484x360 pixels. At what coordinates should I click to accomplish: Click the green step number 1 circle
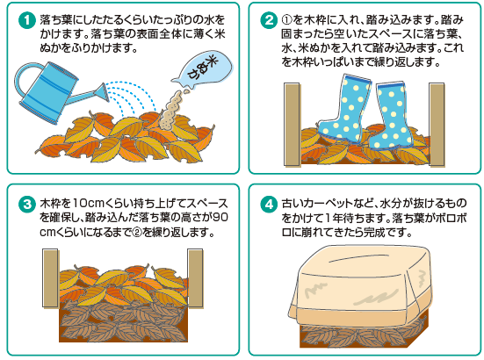point(27,20)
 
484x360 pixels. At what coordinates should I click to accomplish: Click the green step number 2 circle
point(269,20)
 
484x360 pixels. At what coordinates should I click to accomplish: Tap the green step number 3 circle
point(27,205)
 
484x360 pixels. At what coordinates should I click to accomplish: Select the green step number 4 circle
point(269,205)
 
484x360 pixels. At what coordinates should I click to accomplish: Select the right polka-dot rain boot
point(390,119)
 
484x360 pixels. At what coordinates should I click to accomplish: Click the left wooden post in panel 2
point(292,125)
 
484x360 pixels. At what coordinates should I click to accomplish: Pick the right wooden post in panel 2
point(437,125)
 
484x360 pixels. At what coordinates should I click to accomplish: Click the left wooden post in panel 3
point(50,278)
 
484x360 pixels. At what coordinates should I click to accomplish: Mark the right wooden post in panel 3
point(195,278)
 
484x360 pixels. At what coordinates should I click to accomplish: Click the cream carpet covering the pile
point(359,287)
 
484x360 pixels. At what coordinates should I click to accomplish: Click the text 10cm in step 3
point(89,204)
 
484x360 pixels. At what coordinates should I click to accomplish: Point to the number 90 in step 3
point(220,217)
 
